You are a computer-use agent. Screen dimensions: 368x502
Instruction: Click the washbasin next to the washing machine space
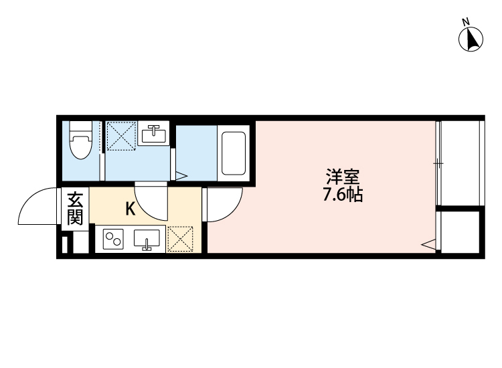click(x=154, y=134)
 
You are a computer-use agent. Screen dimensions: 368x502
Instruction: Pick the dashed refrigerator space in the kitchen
click(x=180, y=239)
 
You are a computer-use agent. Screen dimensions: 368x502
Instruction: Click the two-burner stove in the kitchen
click(x=113, y=239)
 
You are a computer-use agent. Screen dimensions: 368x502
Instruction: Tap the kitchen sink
click(x=147, y=239)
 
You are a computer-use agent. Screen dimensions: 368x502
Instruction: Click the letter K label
click(x=131, y=209)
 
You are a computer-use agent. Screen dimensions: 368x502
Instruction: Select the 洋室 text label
click(x=343, y=178)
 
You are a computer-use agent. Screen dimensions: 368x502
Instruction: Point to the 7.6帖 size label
click(x=343, y=196)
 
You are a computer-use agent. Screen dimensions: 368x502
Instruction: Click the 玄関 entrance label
click(x=75, y=209)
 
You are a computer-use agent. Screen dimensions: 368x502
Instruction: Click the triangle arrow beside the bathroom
click(x=181, y=177)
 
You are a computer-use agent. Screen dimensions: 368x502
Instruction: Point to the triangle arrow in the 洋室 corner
click(x=428, y=246)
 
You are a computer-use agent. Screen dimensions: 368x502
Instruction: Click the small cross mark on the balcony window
click(x=437, y=163)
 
